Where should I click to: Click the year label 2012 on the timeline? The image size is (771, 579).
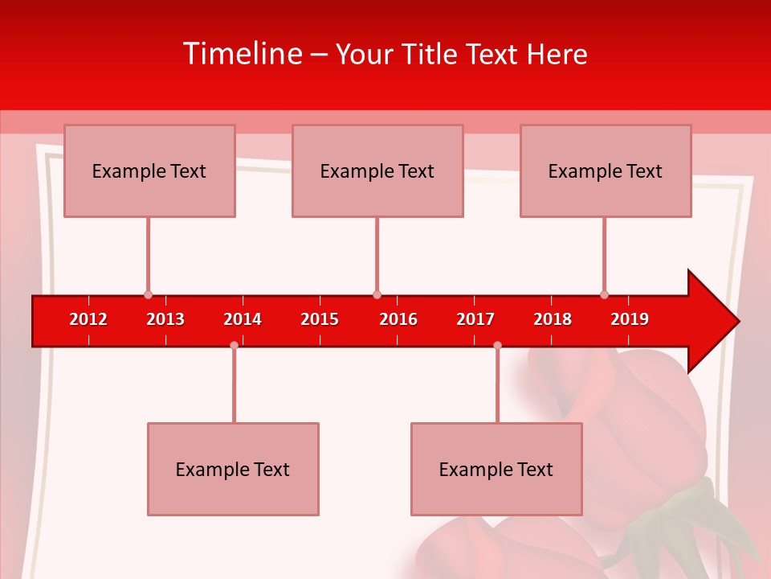coord(88,320)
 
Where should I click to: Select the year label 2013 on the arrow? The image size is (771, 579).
coord(165,320)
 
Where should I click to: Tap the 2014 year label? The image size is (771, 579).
coord(243,320)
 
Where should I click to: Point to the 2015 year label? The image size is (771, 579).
coord(320,320)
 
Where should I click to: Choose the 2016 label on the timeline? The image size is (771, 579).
coord(398,320)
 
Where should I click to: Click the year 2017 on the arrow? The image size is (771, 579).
coord(475,320)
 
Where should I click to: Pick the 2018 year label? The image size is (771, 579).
coord(553,320)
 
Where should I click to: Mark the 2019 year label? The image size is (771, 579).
coord(630,320)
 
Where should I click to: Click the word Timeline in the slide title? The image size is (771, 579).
coord(242,54)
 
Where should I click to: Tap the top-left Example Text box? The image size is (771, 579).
coord(149,170)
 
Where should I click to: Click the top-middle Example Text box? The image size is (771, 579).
coord(377,170)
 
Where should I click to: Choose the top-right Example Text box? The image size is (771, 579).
coord(606,170)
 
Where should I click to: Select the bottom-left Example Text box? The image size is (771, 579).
coord(233,469)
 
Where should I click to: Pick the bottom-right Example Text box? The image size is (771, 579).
coord(496,469)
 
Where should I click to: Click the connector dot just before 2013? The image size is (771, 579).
coord(148,295)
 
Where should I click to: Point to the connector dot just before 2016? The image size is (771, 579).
coord(377,295)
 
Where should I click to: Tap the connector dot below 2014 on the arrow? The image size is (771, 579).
coord(234,345)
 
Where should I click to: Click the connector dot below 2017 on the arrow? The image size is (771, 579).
coord(497,345)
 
